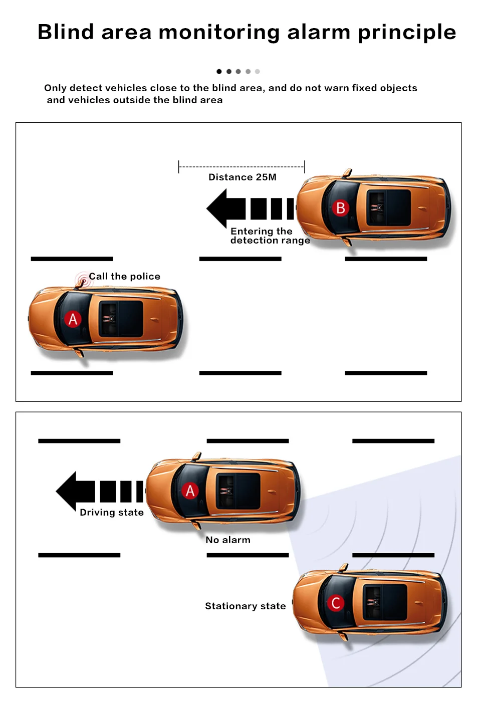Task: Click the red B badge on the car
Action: (340, 208)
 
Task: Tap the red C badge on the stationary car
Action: (336, 603)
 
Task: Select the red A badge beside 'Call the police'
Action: (73, 319)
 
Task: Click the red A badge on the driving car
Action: (190, 491)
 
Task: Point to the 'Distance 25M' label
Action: (242, 177)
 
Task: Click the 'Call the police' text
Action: (124, 277)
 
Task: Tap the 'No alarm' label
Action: (227, 540)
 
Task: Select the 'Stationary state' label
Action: (245, 606)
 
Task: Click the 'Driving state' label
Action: (111, 513)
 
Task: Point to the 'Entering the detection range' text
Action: (270, 236)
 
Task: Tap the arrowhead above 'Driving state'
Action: (69, 491)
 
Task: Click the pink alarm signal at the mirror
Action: (83, 280)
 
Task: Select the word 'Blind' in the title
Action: (66, 32)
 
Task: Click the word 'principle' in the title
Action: (406, 32)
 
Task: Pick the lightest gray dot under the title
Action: (258, 72)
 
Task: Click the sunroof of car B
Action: (389, 207)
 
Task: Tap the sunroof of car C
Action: (385, 602)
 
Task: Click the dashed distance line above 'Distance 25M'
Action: (242, 167)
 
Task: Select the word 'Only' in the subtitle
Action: (55, 88)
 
